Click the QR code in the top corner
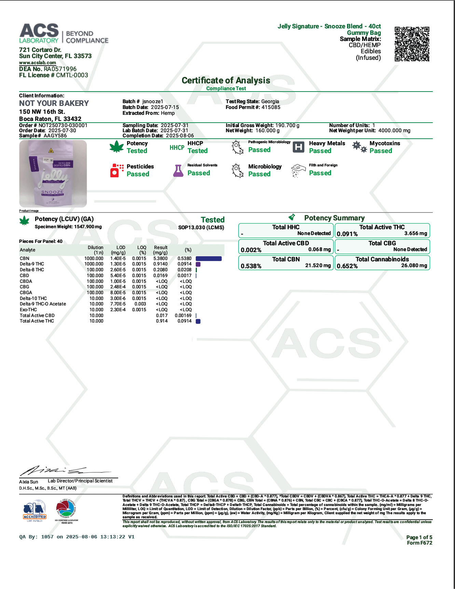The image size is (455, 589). tap(412, 44)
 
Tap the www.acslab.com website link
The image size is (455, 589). tap(38, 63)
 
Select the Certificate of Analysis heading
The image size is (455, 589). tap(226, 81)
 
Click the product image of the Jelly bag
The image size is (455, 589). tap(53, 174)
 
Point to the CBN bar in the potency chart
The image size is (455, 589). tap(209, 259)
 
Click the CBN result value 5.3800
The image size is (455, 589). tap(160, 259)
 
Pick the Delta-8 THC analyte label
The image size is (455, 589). tap(32, 270)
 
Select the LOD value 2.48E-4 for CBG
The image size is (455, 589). tap(118, 287)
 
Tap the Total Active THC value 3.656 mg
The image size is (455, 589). tap(415, 233)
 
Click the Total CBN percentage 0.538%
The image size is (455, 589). tap(251, 266)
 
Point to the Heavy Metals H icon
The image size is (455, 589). tap(299, 147)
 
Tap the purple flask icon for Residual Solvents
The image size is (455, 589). tap(178, 170)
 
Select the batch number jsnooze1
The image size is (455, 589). tap(153, 101)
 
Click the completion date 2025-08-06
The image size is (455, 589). tap(180, 136)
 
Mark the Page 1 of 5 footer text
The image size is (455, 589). tap(419, 537)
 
